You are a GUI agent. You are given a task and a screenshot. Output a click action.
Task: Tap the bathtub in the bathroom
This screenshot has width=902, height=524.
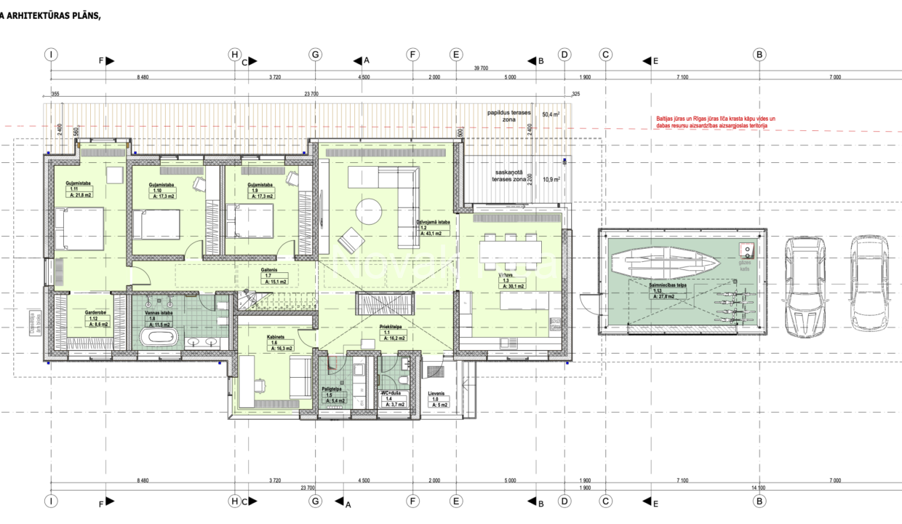(x=158, y=338)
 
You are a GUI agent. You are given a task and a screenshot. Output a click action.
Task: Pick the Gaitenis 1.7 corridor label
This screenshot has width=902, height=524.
(x=274, y=274)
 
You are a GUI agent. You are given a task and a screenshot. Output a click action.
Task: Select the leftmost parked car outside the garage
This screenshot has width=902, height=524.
(x=804, y=284)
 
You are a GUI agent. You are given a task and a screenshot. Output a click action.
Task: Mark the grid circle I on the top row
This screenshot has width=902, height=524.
(x=51, y=54)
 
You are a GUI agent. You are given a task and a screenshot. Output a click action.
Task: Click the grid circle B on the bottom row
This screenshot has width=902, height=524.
(x=759, y=501)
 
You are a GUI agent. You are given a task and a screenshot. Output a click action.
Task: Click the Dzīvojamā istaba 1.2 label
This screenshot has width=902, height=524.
(x=434, y=226)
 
